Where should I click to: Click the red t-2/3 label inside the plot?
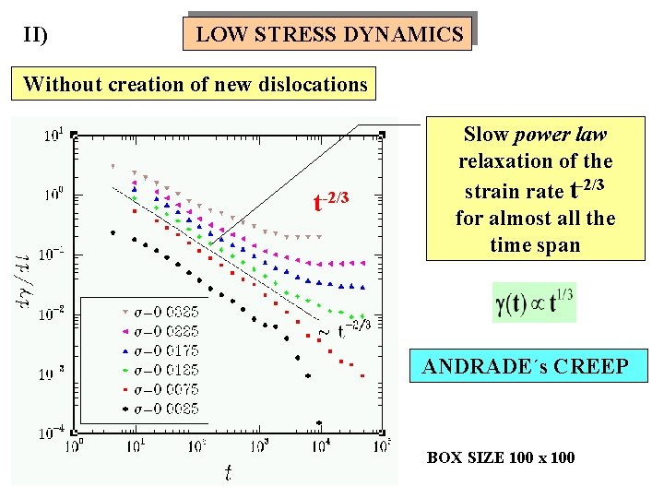click(x=331, y=199)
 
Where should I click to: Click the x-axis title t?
click(x=227, y=473)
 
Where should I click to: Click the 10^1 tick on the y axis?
click(x=53, y=136)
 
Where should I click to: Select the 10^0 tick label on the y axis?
click(x=53, y=195)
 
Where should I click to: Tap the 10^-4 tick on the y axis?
click(x=51, y=432)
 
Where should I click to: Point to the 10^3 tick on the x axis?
click(x=259, y=446)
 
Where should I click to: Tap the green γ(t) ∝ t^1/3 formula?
click(x=534, y=302)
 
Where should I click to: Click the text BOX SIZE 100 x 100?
click(x=500, y=457)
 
